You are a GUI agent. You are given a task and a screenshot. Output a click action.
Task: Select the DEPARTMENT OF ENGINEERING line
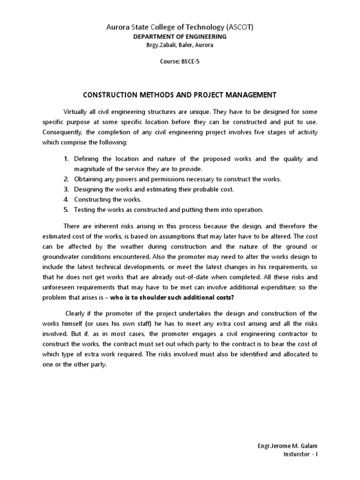pyautogui.click(x=180, y=37)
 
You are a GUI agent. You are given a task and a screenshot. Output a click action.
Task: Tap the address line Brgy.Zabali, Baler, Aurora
pyautogui.click(x=180, y=45)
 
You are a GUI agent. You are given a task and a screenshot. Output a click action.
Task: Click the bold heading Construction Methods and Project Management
pyautogui.click(x=180, y=95)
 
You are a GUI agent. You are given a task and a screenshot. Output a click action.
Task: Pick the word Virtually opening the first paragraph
pyautogui.click(x=78, y=112)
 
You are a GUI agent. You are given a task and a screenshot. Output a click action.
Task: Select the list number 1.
pyautogui.click(x=67, y=159)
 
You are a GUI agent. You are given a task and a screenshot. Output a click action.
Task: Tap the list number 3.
pyautogui.click(x=67, y=189)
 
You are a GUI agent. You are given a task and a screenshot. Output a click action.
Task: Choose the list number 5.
pyautogui.click(x=67, y=210)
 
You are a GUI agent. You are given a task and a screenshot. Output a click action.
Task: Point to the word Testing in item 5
pyautogui.click(x=84, y=210)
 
